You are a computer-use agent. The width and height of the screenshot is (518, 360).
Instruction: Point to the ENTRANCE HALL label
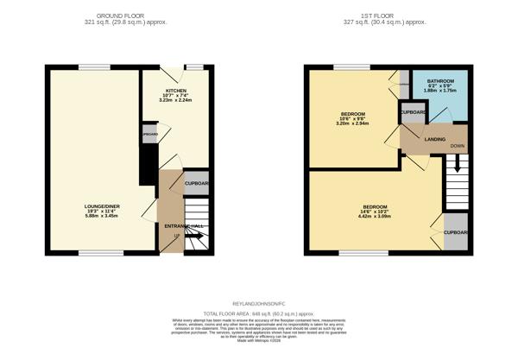click(176, 226)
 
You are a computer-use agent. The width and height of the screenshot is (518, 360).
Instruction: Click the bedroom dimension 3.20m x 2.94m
click(352, 124)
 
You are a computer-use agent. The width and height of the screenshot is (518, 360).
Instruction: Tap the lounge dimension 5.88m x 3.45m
click(95, 215)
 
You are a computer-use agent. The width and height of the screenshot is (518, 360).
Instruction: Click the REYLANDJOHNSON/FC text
click(259, 304)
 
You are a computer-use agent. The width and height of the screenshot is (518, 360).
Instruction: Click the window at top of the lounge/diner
click(94, 67)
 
